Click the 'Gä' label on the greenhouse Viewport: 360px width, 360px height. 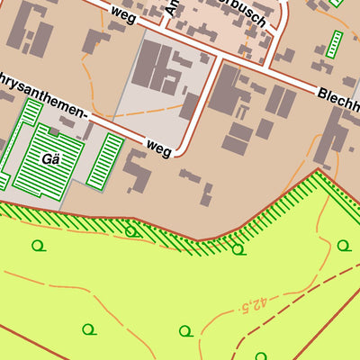pyautogui.click(x=49, y=159)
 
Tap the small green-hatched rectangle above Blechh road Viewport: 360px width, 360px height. pyautogui.click(x=335, y=44)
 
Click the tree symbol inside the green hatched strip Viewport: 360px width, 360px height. pyautogui.click(x=131, y=231)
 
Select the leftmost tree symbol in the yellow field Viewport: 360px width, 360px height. pyautogui.click(x=38, y=245)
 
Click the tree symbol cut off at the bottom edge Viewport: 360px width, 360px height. pyautogui.click(x=261, y=356)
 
